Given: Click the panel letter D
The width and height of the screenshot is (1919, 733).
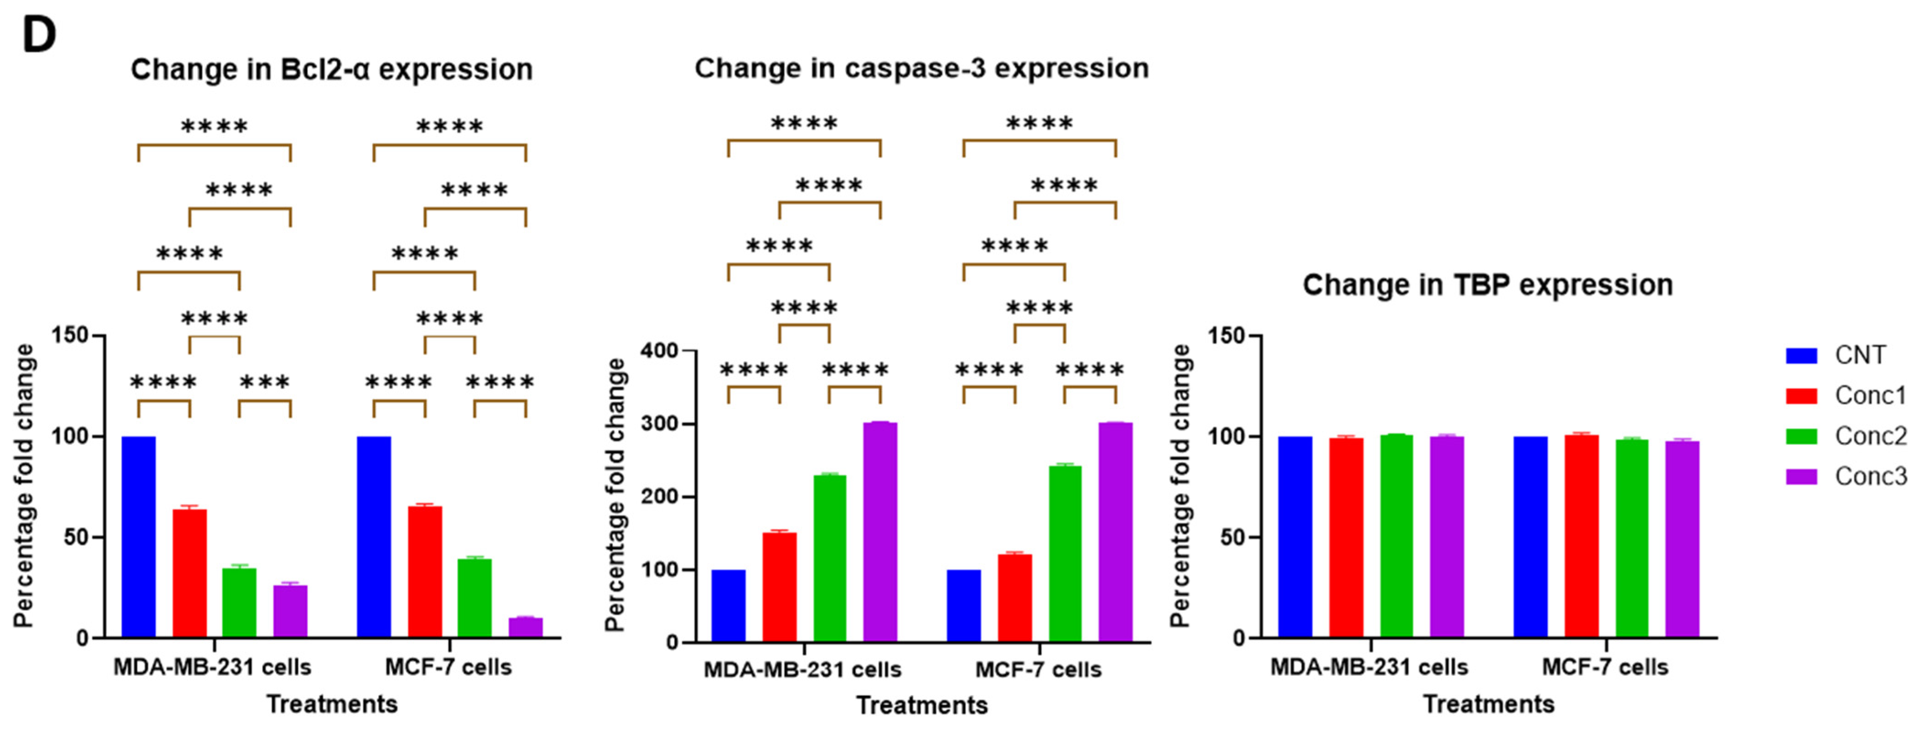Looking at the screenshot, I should click(x=39, y=36).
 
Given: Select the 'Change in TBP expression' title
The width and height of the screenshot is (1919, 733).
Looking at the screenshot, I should click(x=1487, y=286).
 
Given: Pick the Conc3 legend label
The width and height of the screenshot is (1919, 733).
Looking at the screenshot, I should click(x=1870, y=477).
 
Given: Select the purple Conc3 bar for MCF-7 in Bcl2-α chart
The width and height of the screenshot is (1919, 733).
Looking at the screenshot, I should click(x=525, y=627).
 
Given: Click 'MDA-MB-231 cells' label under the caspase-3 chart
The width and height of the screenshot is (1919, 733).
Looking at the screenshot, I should click(x=802, y=670).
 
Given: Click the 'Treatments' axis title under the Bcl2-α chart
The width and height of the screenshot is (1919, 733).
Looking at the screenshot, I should click(x=332, y=704).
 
